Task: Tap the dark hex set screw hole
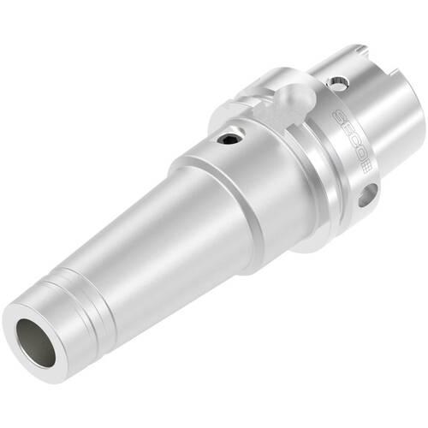pyautogui.click(x=229, y=140)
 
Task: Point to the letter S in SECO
pyautogui.click(x=340, y=116)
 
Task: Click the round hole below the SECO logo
pyautogui.click(x=367, y=195)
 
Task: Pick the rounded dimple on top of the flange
pyautogui.click(x=297, y=97)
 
